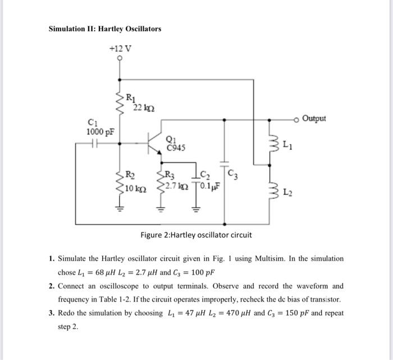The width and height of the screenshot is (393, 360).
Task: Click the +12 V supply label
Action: coord(120,48)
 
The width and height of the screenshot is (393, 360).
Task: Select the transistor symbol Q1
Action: coord(152,144)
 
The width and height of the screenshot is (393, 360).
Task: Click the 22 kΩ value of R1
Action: coord(141,108)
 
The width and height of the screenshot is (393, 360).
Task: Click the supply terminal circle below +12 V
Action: coord(120,58)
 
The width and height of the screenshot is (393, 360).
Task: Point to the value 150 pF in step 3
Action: coord(287,313)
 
